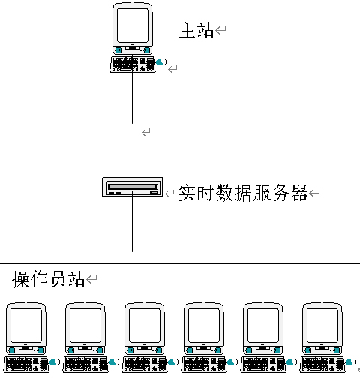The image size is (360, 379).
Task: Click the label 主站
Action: click(x=196, y=30)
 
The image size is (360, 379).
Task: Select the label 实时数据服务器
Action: click(x=243, y=193)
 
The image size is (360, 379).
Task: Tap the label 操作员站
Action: click(x=49, y=279)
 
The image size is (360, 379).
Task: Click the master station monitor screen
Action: click(x=133, y=26)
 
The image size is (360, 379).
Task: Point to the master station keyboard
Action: click(x=133, y=65)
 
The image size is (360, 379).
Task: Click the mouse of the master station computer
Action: click(x=161, y=62)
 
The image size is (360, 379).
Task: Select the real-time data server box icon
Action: click(x=133, y=188)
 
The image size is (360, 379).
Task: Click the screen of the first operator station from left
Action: click(x=26, y=326)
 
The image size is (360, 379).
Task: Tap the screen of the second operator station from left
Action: click(x=85, y=326)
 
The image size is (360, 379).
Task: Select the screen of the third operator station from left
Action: click(x=145, y=326)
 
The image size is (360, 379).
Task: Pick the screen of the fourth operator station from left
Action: click(x=204, y=326)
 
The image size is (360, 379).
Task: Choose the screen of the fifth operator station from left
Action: click(x=263, y=326)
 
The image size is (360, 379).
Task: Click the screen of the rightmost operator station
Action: click(x=322, y=326)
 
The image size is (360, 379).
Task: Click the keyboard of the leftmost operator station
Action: click(x=26, y=365)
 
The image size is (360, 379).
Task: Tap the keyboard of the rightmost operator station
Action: click(x=322, y=365)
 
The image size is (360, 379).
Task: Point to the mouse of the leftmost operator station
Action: click(x=55, y=362)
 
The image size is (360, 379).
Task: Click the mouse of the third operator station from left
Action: click(x=173, y=362)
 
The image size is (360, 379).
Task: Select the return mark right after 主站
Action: click(x=220, y=30)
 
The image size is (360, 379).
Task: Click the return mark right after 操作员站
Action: click(x=91, y=278)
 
